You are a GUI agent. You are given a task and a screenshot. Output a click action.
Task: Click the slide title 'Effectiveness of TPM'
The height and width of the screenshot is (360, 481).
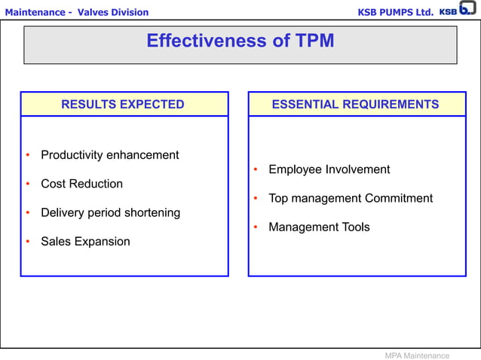coord(240,41)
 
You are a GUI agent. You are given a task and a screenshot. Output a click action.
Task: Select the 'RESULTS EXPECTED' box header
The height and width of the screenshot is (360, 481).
coord(123,105)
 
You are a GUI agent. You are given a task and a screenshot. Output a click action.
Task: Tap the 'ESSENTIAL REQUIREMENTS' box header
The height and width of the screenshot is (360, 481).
coord(355,105)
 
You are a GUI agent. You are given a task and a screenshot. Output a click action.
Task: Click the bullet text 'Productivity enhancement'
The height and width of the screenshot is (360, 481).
coord(109,155)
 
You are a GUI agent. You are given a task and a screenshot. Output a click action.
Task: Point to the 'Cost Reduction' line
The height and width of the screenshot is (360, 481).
coord(81,184)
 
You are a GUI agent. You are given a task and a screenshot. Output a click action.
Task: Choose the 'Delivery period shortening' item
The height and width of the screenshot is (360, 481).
coord(110,212)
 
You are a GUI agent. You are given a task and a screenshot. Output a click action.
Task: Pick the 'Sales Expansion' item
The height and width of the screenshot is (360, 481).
coord(85,242)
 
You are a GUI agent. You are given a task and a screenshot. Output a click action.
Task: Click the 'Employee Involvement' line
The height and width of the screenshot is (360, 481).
coord(329,169)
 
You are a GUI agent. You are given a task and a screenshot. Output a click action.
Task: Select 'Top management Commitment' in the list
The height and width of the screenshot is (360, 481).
coord(351,198)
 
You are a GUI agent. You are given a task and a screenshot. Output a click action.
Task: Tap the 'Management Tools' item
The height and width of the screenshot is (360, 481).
coord(319,227)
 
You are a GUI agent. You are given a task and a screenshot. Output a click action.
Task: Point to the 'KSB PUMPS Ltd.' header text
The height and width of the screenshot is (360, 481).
coord(395,12)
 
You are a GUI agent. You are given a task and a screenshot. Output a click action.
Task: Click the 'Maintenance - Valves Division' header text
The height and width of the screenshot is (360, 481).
coord(77,12)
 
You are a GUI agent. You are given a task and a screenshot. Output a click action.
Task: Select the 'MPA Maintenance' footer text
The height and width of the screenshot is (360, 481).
coord(417,355)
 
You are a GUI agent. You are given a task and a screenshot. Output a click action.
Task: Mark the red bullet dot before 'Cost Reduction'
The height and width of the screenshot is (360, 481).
coord(28,184)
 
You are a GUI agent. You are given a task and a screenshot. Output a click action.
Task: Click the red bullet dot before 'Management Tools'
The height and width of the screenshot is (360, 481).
coord(256,227)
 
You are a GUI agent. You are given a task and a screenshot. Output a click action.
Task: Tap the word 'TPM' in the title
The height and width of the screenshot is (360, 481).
coord(314,41)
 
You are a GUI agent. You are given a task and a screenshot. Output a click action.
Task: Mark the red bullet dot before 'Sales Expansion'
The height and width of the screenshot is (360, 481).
coord(28,242)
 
